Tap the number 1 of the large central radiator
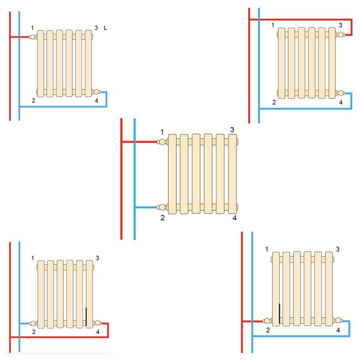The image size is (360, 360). (162, 132)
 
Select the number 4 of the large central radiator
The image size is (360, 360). (235, 218)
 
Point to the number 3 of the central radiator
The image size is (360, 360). (232, 129)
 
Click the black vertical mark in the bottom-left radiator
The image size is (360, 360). (86, 314)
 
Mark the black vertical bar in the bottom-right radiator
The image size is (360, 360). (279, 314)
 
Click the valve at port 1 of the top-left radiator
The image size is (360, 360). (33, 37)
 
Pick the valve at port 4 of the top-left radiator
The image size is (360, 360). (96, 92)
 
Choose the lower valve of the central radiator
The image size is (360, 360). (163, 207)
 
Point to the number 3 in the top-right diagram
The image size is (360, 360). (340, 25)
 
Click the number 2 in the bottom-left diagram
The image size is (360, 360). (33, 332)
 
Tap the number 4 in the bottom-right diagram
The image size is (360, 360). (338, 330)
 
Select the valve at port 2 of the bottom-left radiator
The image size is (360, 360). (33, 323)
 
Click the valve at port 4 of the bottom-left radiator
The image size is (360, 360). (97, 323)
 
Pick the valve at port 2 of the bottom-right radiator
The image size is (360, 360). (266, 321)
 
